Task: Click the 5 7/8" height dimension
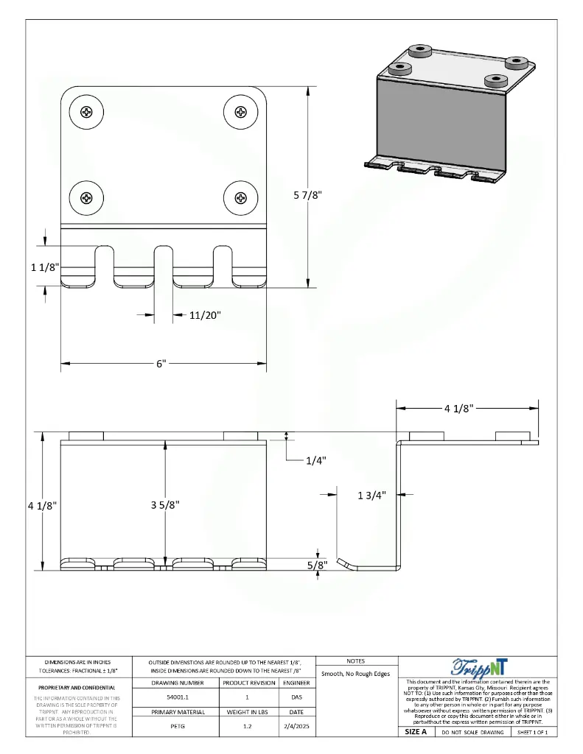coord(308,194)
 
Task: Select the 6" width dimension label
coord(161,364)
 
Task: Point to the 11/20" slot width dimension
coord(204,315)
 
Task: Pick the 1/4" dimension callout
coord(315,461)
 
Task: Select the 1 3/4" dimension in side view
coord(371,496)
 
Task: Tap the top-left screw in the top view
coord(87,113)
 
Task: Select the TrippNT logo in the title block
coord(478,667)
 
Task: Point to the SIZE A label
coord(416,732)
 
